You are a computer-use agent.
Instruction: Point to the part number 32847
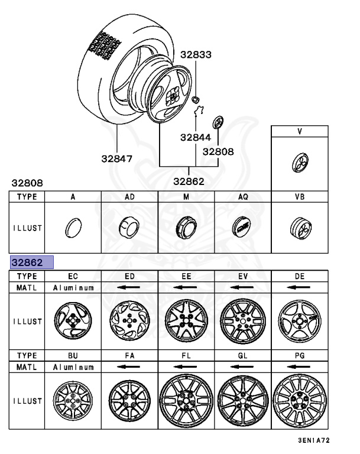116,158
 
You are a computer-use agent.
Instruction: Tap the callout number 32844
196,137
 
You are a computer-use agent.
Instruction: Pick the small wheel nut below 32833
196,98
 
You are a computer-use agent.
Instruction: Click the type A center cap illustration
73,226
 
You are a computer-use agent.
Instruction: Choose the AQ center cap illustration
242,226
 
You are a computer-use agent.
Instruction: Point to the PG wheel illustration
299,400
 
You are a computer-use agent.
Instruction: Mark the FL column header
186,356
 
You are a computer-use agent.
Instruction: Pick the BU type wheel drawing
73,400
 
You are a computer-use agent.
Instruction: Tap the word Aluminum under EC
73,287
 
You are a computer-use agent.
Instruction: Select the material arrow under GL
242,367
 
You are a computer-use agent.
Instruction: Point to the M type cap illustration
186,226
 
